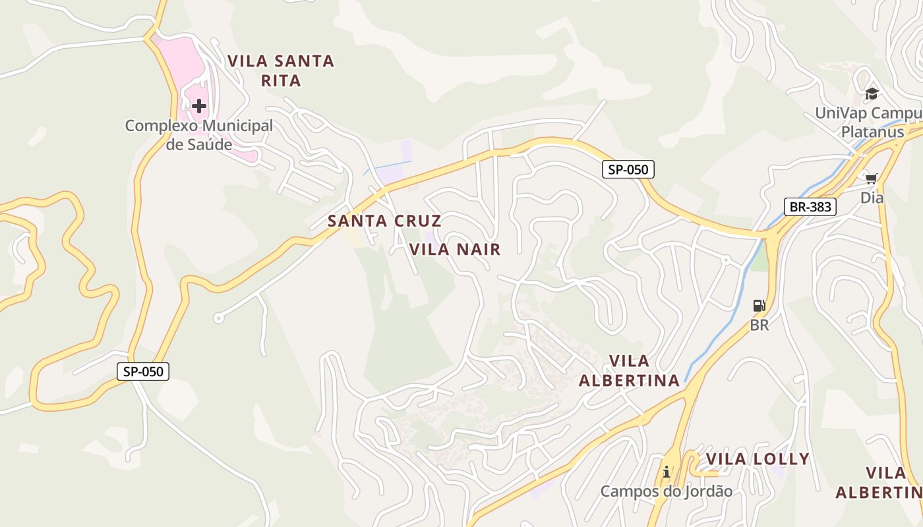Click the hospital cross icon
[199, 106]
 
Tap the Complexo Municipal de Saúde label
[199, 134]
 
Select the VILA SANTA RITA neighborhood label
[281, 70]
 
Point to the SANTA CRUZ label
[384, 221]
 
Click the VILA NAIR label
[455, 249]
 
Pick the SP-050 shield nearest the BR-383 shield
[628, 169]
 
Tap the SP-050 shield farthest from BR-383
[144, 372]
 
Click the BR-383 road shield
[810, 207]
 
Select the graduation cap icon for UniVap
[872, 94]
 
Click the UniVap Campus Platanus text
[867, 122]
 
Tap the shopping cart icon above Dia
[872, 179]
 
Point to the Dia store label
[872, 198]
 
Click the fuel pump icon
[759, 306]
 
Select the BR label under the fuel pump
[759, 325]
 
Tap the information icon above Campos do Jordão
[667, 472]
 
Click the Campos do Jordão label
[667, 491]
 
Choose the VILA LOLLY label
[758, 459]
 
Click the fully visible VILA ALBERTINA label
[629, 371]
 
